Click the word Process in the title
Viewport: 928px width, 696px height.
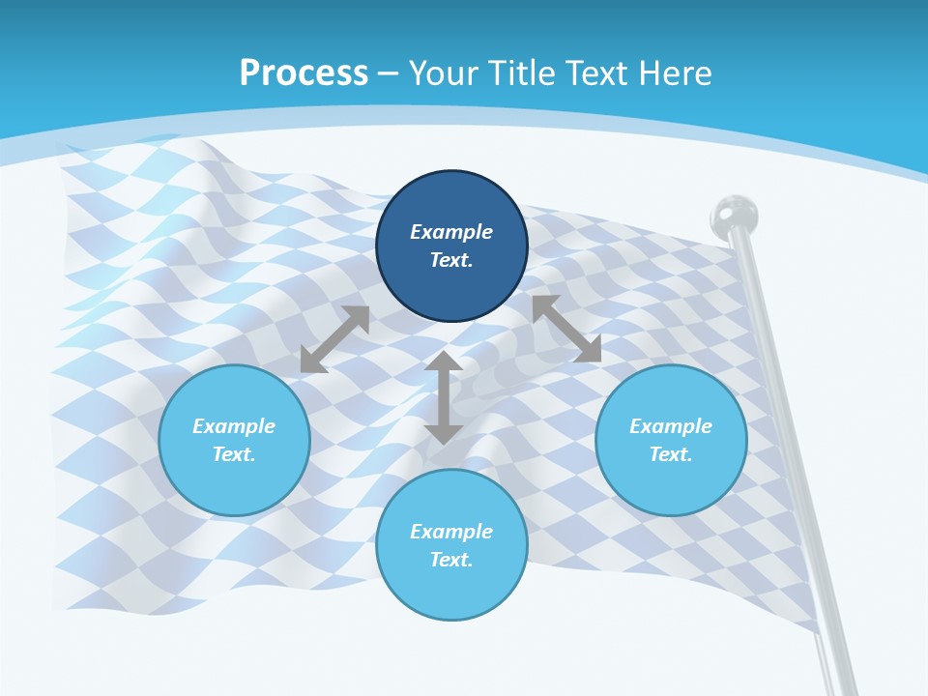[x=304, y=73]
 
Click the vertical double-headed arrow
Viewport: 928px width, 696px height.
[x=443, y=397]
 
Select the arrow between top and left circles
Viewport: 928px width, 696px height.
[x=334, y=339]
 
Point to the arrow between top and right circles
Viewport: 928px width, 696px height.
[x=566, y=329]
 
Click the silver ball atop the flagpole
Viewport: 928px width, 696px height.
[x=734, y=215]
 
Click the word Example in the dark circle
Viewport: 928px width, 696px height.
[x=451, y=232]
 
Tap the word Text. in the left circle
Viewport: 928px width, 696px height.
[x=234, y=454]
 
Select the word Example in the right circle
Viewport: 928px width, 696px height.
[x=671, y=426]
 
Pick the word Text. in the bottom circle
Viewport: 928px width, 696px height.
[x=451, y=560]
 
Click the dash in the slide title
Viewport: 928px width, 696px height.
[x=388, y=73]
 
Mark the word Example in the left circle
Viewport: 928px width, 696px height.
[x=234, y=426]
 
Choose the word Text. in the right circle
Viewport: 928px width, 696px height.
[x=671, y=454]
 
